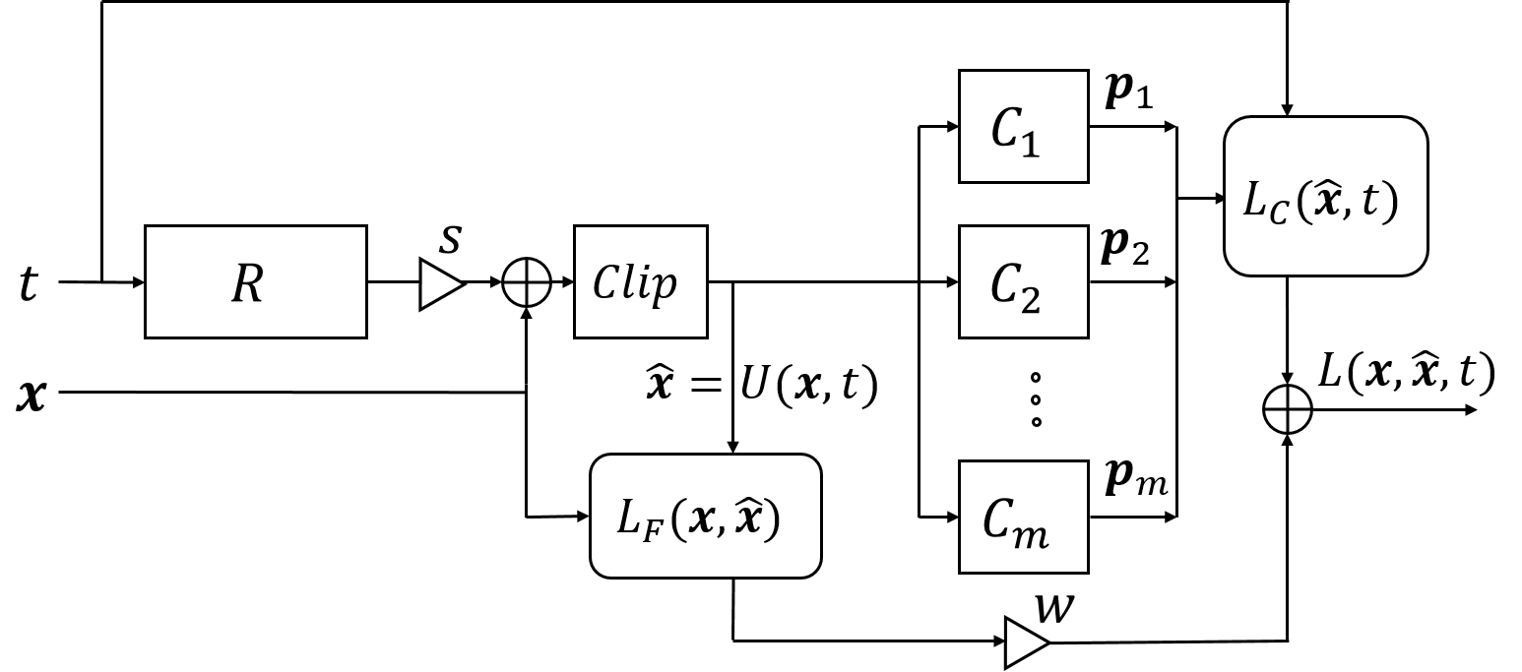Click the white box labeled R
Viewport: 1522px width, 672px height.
click(255, 282)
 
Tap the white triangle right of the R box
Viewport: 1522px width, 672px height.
click(439, 284)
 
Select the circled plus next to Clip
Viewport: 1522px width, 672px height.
click(526, 284)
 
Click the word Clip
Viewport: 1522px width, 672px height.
click(635, 283)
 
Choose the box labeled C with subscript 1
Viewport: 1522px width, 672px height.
click(1023, 127)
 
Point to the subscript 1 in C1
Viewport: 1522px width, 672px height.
click(1031, 144)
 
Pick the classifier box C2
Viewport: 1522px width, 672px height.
click(1023, 282)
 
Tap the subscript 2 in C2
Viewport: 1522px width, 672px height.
click(1031, 300)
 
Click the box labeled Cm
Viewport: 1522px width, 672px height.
click(1023, 517)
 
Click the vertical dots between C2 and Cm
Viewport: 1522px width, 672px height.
click(1035, 399)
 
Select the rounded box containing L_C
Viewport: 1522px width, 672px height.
click(1325, 196)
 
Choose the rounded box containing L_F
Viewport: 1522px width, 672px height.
click(705, 516)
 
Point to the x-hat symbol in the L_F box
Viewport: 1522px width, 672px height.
click(750, 518)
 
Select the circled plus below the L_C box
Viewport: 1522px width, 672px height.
click(1287, 409)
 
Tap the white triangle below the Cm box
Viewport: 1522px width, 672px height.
click(1025, 643)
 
